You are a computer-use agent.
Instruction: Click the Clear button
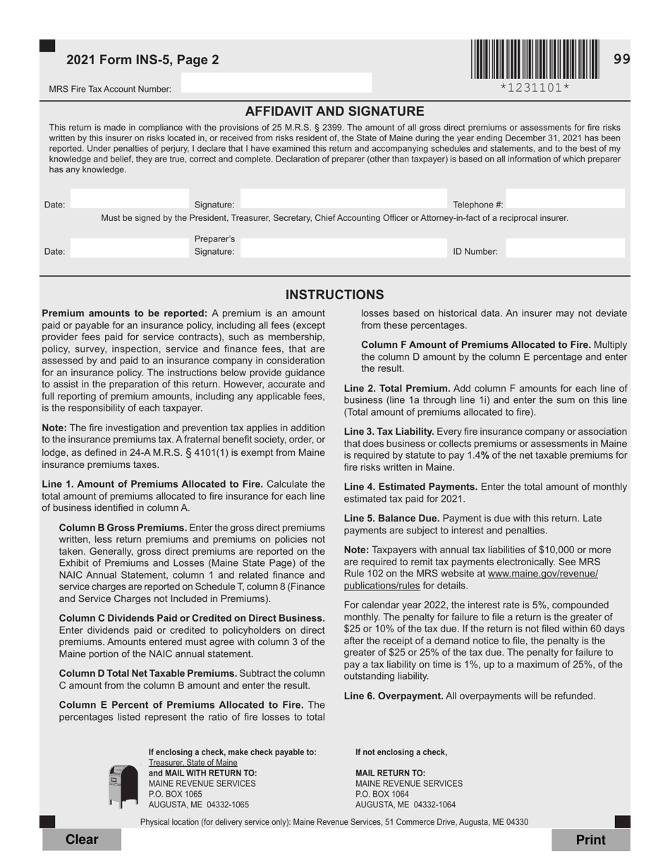[82, 839]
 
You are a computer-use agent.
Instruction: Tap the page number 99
[621, 59]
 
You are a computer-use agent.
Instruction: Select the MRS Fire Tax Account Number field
[276, 83]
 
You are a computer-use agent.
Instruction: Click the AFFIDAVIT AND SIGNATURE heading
[334, 111]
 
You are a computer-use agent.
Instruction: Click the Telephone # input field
[565, 200]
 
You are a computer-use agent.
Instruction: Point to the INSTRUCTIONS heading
[334, 295]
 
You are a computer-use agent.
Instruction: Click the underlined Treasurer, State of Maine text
[193, 763]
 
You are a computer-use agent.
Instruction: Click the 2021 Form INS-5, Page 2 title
[142, 60]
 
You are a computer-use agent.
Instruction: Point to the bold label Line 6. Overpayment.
[394, 696]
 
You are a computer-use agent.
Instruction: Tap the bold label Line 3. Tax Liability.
[389, 431]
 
